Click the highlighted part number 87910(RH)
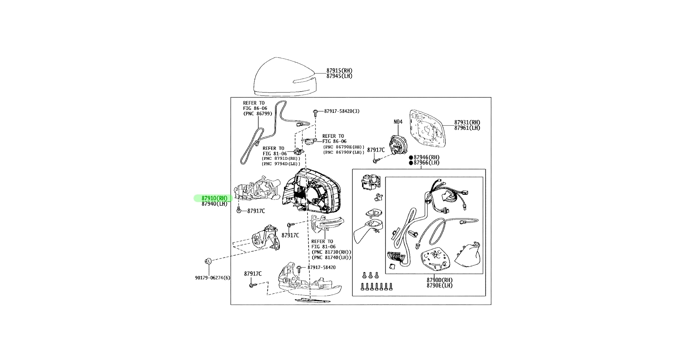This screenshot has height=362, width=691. pos(215,198)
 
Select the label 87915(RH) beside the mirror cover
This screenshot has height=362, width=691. pos(339,71)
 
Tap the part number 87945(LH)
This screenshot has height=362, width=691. pos(339,76)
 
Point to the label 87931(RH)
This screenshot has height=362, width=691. pos(467,123)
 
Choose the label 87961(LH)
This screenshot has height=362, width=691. pos(467,128)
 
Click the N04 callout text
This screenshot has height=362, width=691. pos(398,122)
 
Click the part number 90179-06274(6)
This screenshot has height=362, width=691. pos(212,278)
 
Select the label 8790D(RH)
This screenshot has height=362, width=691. pos(439,280)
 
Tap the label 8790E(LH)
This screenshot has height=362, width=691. pos(439,285)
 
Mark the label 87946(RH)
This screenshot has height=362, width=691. pos(426,157)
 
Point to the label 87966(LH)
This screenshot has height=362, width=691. pos(426,163)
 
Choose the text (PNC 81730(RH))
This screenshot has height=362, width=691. pos(331,252)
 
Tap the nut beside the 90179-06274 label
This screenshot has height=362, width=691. pos(208,260)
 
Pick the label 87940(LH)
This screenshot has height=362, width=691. pos(215,204)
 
